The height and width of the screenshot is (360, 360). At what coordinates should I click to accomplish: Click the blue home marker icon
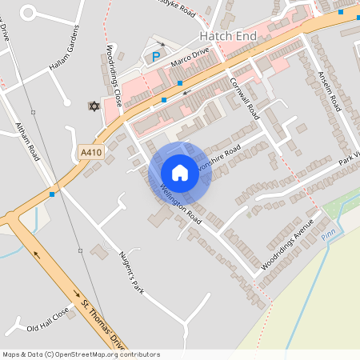click(x=180, y=172)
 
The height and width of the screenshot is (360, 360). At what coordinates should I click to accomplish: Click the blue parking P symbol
click(x=155, y=57)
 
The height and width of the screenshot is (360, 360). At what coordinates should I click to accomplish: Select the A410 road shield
click(x=90, y=151)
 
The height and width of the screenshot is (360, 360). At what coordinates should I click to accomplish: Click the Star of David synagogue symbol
click(x=94, y=106)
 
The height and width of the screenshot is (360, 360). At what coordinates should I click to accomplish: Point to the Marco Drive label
click(x=190, y=56)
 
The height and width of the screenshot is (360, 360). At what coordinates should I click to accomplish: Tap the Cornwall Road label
click(x=244, y=98)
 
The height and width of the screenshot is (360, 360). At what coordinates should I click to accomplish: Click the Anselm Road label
click(x=330, y=89)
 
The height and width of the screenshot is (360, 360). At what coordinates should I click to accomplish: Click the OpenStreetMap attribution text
click(x=81, y=354)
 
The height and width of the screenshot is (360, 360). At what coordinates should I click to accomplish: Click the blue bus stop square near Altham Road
click(x=52, y=194)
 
